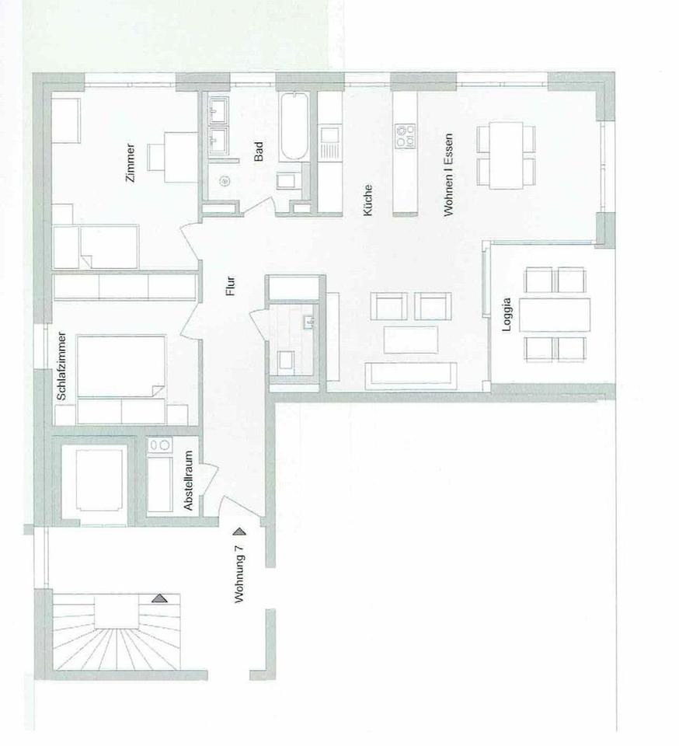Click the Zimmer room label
click(131, 163)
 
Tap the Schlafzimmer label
click(61, 366)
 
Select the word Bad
click(259, 152)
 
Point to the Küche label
click(367, 200)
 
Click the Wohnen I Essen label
click(448, 175)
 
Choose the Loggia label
click(507, 315)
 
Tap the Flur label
click(231, 287)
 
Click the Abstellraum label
click(190, 480)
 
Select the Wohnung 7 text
click(240, 573)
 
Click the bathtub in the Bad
click(294, 127)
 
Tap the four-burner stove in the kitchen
click(405, 135)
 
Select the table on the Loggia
click(555, 315)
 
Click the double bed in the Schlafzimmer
click(121, 366)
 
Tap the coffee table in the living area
click(411, 340)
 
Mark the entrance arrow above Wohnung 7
click(239, 532)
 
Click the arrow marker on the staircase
click(160, 598)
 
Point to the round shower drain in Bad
click(225, 181)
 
